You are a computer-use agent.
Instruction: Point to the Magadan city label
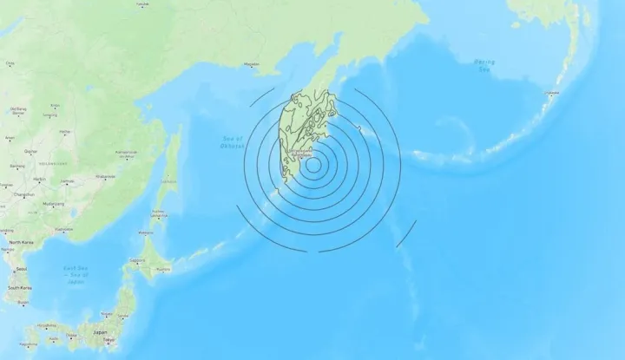tap(252, 63)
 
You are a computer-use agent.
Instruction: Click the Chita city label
tap(10, 63)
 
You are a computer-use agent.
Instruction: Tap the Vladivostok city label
tap(63, 230)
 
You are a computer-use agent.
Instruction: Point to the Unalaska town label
tap(550, 90)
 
